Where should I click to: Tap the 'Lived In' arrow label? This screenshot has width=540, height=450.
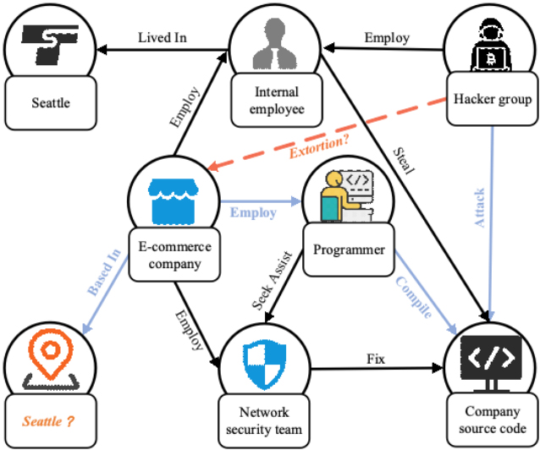[x=163, y=37]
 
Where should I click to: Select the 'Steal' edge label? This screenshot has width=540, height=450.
[x=404, y=162]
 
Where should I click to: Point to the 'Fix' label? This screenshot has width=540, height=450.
[x=375, y=359]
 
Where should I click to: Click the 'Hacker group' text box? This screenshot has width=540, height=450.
[x=492, y=100]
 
